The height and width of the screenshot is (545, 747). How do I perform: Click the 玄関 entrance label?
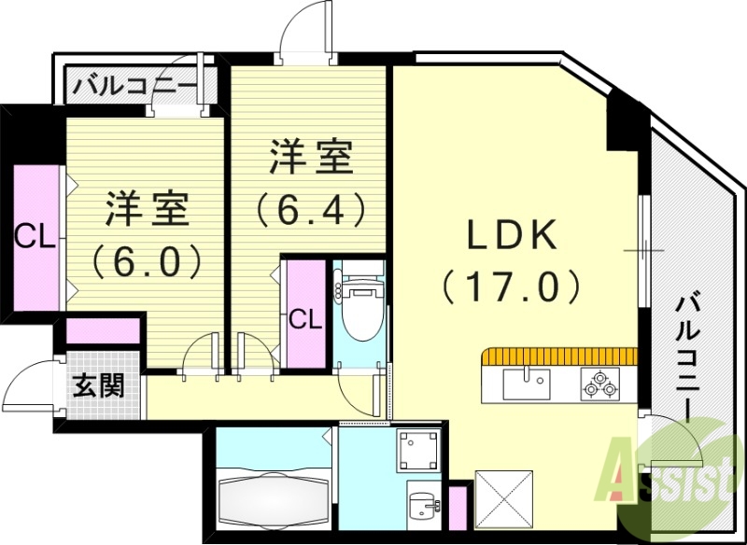coord(100,384)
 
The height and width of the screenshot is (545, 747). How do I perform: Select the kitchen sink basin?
coord(528,383)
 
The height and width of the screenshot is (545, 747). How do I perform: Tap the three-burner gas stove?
coord(599,383)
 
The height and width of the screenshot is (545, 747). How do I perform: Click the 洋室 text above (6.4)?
coord(310,157)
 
